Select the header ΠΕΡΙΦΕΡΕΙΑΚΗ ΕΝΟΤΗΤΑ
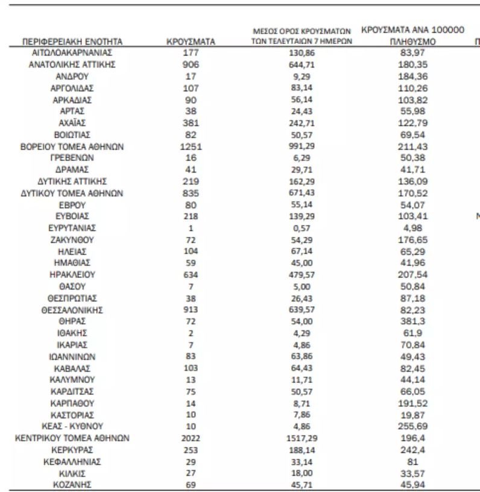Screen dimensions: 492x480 click(x=72, y=42)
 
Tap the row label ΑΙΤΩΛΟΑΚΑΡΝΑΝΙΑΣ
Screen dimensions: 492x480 click(x=72, y=53)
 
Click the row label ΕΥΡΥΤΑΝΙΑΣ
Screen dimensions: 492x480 click(x=72, y=228)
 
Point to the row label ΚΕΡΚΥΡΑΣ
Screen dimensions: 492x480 click(x=72, y=450)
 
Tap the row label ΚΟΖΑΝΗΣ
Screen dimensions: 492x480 click(x=72, y=485)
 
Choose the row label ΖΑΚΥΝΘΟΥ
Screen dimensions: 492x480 click(x=72, y=239)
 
